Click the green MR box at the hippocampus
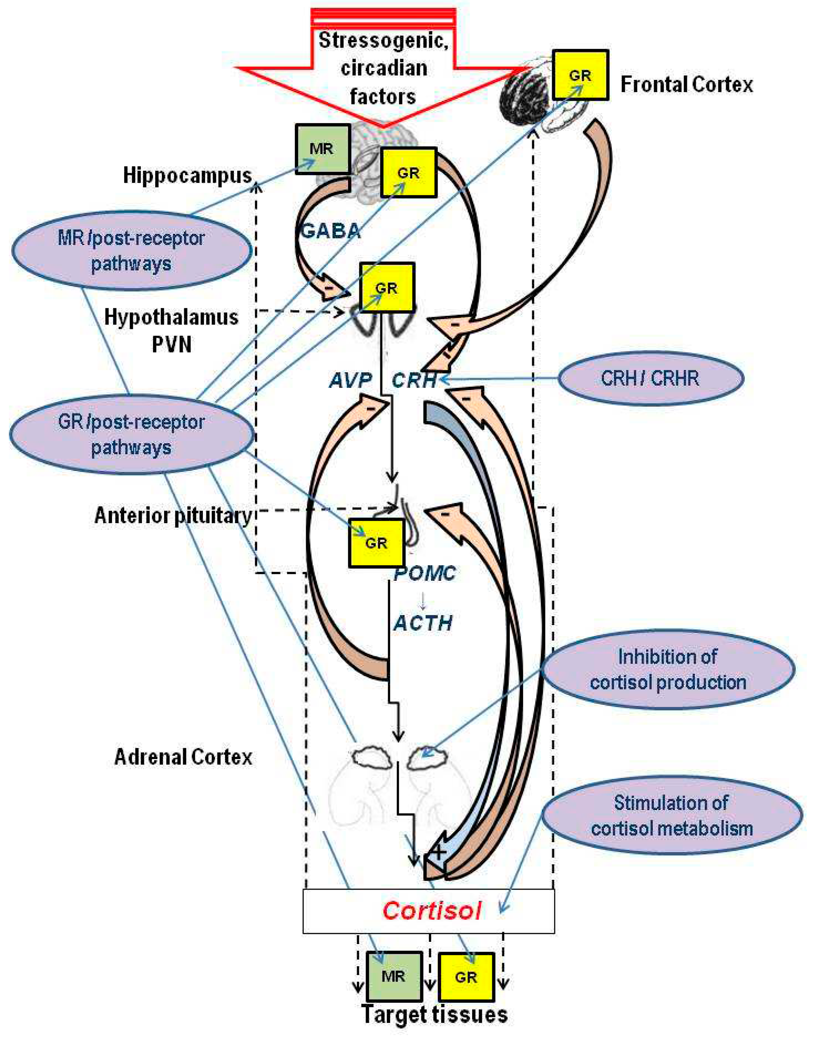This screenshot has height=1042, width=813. pyautogui.click(x=322, y=149)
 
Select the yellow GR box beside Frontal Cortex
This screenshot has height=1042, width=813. pyautogui.click(x=580, y=75)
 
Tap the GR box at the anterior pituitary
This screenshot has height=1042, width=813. pyautogui.click(x=376, y=543)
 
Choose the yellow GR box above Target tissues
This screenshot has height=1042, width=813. pyautogui.click(x=466, y=977)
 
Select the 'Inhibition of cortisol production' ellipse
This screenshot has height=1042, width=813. pyautogui.click(x=668, y=669)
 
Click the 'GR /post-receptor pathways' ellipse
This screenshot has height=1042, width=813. pyautogui.click(x=131, y=434)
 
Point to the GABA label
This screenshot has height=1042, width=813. pyautogui.click(x=330, y=232)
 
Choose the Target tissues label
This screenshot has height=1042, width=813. pyautogui.click(x=434, y=1014)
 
